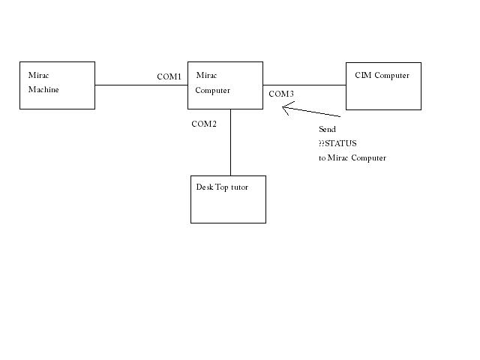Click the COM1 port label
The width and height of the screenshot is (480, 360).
(x=169, y=76)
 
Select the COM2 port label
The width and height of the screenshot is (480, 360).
(x=204, y=124)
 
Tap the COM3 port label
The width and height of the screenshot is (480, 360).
(x=281, y=94)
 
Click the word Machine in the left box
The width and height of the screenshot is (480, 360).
(x=43, y=90)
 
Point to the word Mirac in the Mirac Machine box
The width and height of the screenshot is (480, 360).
(x=39, y=76)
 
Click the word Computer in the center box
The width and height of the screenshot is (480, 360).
(x=212, y=90)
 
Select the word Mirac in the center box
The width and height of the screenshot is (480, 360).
(x=206, y=76)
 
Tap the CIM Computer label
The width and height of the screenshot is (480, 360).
(x=382, y=75)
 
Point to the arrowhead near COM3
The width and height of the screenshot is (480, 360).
(x=286, y=107)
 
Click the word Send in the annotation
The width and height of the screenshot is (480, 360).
(x=327, y=130)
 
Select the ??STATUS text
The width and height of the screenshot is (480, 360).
(x=337, y=143)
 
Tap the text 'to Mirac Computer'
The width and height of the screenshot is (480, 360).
(x=352, y=157)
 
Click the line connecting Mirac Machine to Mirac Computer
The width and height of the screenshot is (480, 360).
(x=141, y=85)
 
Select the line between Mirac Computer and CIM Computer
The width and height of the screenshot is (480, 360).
(x=304, y=85)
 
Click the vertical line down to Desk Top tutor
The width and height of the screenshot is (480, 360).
(x=230, y=142)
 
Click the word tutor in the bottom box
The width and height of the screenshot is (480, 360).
(x=239, y=187)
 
